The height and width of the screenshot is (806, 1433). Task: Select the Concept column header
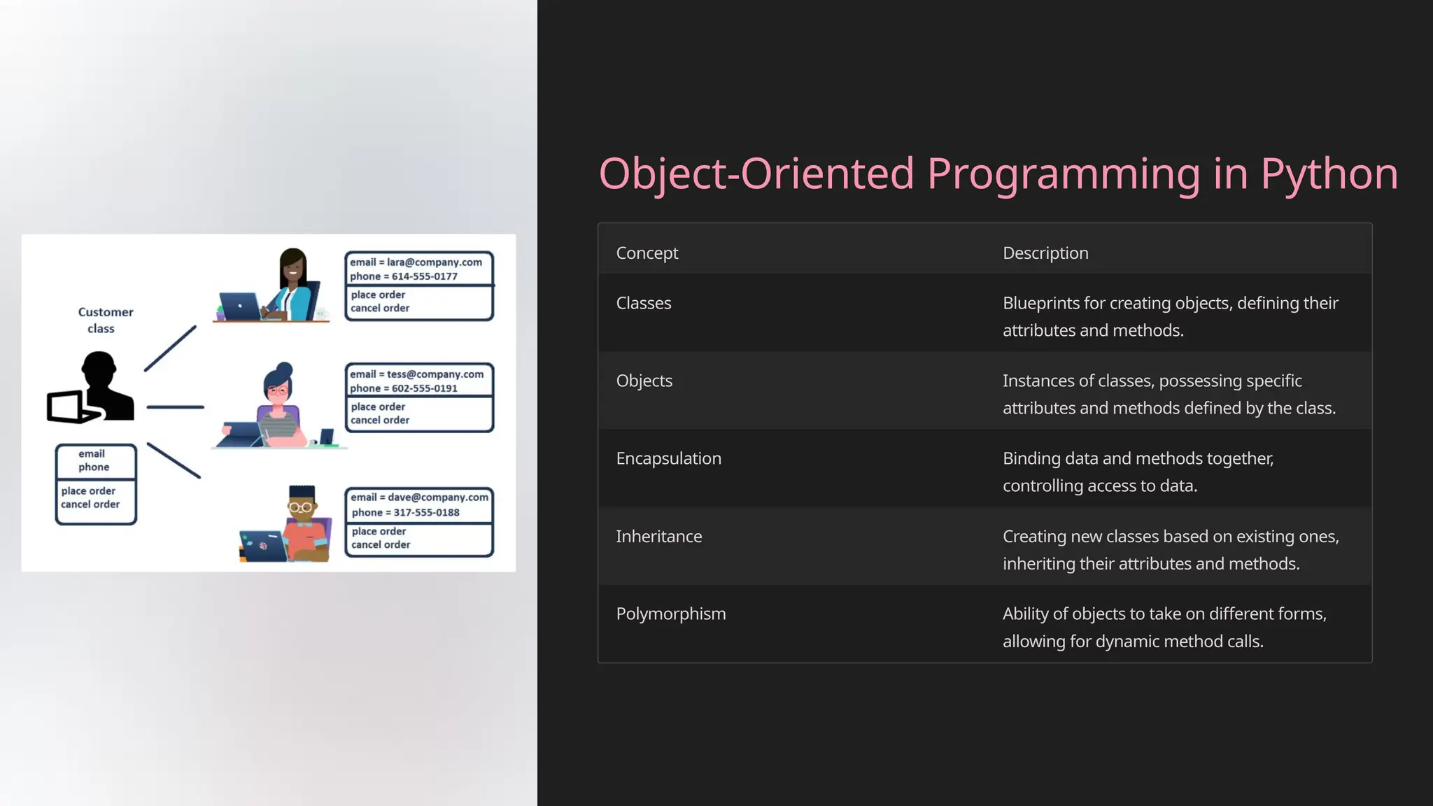[x=647, y=253]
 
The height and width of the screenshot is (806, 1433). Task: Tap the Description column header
[x=1045, y=253]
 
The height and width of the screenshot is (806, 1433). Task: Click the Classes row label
[x=643, y=304]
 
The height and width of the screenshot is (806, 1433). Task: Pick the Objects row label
[x=644, y=381]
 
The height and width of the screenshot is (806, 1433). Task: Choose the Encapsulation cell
[x=668, y=459]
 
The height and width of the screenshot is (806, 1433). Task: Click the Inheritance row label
[x=658, y=537]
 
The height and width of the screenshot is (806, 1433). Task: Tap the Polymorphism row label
[x=670, y=614]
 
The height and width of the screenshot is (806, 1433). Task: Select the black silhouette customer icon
[x=98, y=388]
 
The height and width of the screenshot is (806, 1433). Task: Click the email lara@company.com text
[x=416, y=262]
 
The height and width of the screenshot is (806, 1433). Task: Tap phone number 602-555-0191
[x=424, y=388]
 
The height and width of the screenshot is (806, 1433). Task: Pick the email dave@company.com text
[x=419, y=497]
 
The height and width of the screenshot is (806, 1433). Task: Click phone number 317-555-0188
[x=425, y=513]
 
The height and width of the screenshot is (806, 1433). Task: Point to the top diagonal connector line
[x=170, y=348]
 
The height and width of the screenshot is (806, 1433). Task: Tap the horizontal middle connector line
[x=175, y=407]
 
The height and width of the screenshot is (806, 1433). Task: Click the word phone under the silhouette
[x=94, y=467]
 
